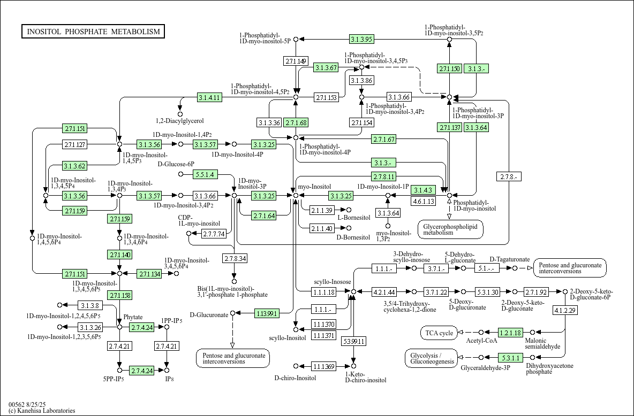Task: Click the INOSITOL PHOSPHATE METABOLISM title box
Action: (93, 32)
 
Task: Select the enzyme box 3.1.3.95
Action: (361, 39)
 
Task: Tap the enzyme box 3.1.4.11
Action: (209, 97)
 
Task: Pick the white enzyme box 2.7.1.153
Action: (326, 97)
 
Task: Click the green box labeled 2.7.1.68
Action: (296, 122)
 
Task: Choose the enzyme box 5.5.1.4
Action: (206, 174)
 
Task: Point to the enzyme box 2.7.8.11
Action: (384, 176)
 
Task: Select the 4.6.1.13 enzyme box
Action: (424, 201)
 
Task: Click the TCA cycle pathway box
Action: (439, 333)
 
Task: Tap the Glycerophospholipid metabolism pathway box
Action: (451, 229)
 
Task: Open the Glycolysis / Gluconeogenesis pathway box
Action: (432, 358)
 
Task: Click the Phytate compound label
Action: (133, 318)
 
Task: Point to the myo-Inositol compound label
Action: (314, 187)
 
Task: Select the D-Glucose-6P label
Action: (176, 164)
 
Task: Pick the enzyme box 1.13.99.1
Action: (267, 313)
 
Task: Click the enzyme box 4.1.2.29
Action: (565, 310)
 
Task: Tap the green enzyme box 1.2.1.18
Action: (511, 333)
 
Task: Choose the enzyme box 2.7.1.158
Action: (120, 296)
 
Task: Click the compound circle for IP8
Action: (167, 370)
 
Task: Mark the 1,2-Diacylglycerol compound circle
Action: (180, 114)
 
